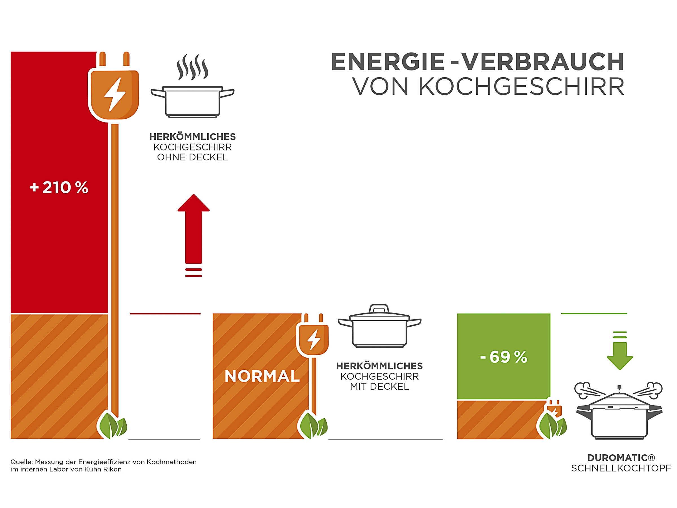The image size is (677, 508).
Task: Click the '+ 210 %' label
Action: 59,187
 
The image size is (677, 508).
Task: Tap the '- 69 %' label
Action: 504,357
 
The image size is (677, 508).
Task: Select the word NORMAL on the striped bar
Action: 262,376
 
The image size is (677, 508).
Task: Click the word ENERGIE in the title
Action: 388,62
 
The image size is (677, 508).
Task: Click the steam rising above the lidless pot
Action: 192,67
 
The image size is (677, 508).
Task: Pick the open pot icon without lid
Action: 192,102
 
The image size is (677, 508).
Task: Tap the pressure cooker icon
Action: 619,413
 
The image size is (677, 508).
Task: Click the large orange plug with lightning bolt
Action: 114,93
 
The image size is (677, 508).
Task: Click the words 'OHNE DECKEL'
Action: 192,157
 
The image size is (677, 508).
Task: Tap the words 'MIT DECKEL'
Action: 379,387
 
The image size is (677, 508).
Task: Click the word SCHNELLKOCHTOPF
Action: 621,468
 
